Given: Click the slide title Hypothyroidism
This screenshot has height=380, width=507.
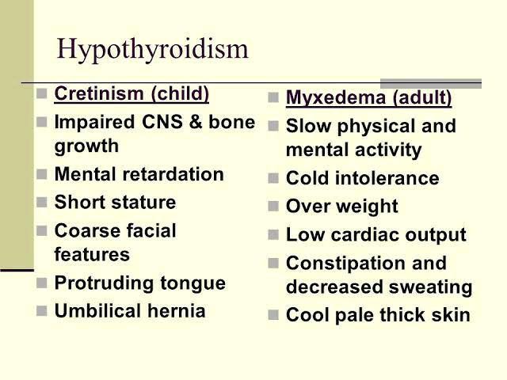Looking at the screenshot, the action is tap(153, 49).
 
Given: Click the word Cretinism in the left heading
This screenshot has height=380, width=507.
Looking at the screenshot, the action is tap(99, 93).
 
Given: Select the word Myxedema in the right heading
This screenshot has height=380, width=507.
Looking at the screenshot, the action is tap(336, 98).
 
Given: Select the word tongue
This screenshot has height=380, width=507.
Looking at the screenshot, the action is tap(193, 284).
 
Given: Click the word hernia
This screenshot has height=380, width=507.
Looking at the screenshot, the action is tap(177, 311).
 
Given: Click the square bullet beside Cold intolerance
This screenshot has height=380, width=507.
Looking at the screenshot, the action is tap(273, 178).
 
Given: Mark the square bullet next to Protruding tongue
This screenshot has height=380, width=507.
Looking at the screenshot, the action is tap(42, 283).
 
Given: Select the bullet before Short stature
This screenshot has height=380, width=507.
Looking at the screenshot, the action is tap(42, 203).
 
